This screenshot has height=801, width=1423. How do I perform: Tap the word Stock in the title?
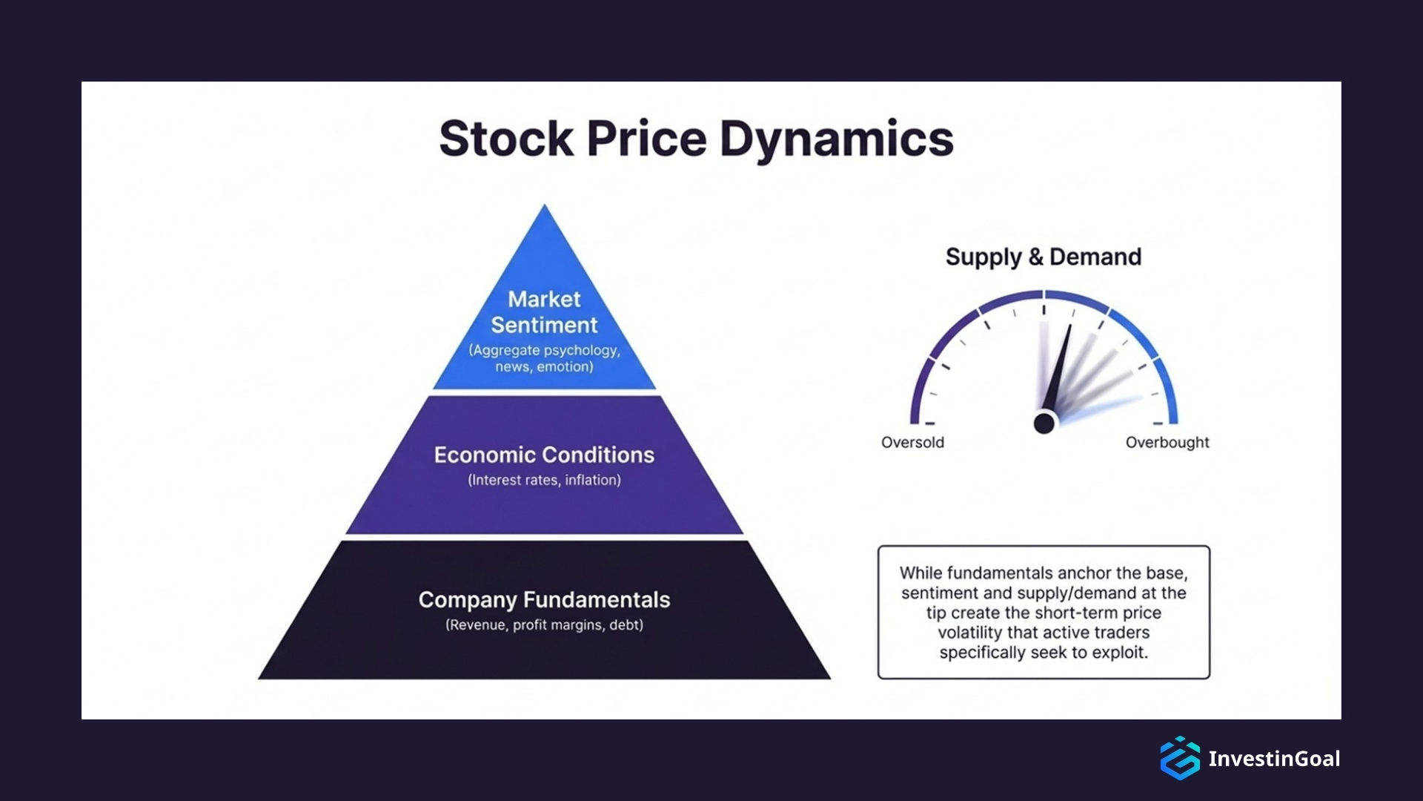tap(506, 139)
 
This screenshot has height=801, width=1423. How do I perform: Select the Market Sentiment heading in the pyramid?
tap(544, 312)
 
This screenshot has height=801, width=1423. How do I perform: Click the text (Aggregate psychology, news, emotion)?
tap(544, 358)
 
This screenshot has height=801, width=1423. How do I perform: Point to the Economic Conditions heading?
tap(544, 455)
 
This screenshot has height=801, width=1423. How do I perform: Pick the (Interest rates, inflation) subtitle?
tap(544, 480)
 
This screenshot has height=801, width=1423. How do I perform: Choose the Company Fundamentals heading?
tap(544, 599)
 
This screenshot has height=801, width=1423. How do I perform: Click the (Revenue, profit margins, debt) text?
tap(544, 625)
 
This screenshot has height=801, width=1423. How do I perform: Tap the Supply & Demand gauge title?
tap(1043, 257)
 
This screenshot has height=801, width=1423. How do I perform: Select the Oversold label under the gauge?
tap(912, 443)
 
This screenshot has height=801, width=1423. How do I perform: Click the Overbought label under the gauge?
tap(1167, 443)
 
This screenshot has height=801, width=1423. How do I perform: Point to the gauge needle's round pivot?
tap(1044, 423)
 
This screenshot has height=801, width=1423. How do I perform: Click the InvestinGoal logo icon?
tap(1179, 758)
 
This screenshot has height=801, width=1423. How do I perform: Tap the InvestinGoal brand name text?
tap(1273, 759)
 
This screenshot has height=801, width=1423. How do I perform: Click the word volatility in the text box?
tap(970, 633)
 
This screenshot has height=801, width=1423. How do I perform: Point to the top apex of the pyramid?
tap(545, 208)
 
